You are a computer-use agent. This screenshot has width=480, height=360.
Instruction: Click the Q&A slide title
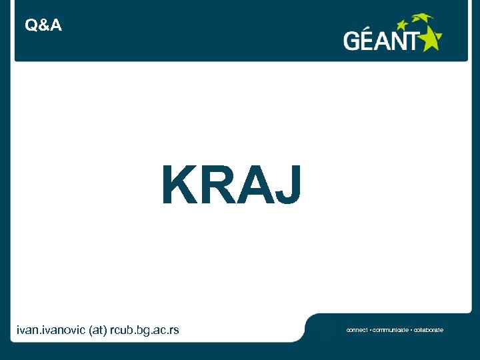(x=43, y=26)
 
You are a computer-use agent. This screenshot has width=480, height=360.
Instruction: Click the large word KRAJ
(x=231, y=186)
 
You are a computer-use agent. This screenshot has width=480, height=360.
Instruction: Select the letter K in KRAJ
(x=178, y=186)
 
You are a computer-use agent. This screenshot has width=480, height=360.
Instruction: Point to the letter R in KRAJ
(x=214, y=186)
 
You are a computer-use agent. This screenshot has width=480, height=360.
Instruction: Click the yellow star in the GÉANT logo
(x=429, y=39)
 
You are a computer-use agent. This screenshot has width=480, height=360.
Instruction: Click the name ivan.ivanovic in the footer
(x=51, y=330)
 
